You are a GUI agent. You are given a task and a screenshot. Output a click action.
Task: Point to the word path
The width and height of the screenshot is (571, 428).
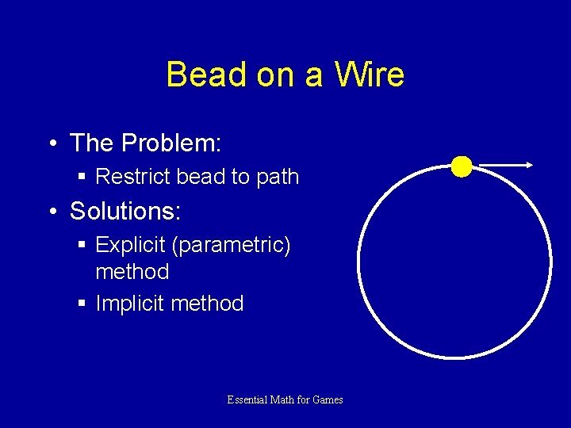(278, 177)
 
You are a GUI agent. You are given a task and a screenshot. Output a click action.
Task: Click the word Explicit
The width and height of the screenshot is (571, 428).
(130, 246)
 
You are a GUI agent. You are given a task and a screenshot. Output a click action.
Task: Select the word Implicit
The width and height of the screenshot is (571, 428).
(129, 304)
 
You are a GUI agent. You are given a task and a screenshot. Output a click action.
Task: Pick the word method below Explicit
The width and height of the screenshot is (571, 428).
(132, 272)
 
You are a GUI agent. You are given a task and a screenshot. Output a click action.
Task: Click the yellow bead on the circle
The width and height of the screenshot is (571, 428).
(462, 166)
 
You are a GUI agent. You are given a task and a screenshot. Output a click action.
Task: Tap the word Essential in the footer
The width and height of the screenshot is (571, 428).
(247, 400)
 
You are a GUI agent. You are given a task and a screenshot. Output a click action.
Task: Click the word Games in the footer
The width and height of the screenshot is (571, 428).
(328, 400)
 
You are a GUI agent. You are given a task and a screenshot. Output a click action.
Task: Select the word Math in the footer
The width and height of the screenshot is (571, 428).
(283, 400)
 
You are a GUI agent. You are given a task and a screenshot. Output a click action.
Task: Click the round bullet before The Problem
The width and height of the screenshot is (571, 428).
(52, 144)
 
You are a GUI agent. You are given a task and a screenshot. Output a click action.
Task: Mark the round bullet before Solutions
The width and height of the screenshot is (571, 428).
(52, 212)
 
